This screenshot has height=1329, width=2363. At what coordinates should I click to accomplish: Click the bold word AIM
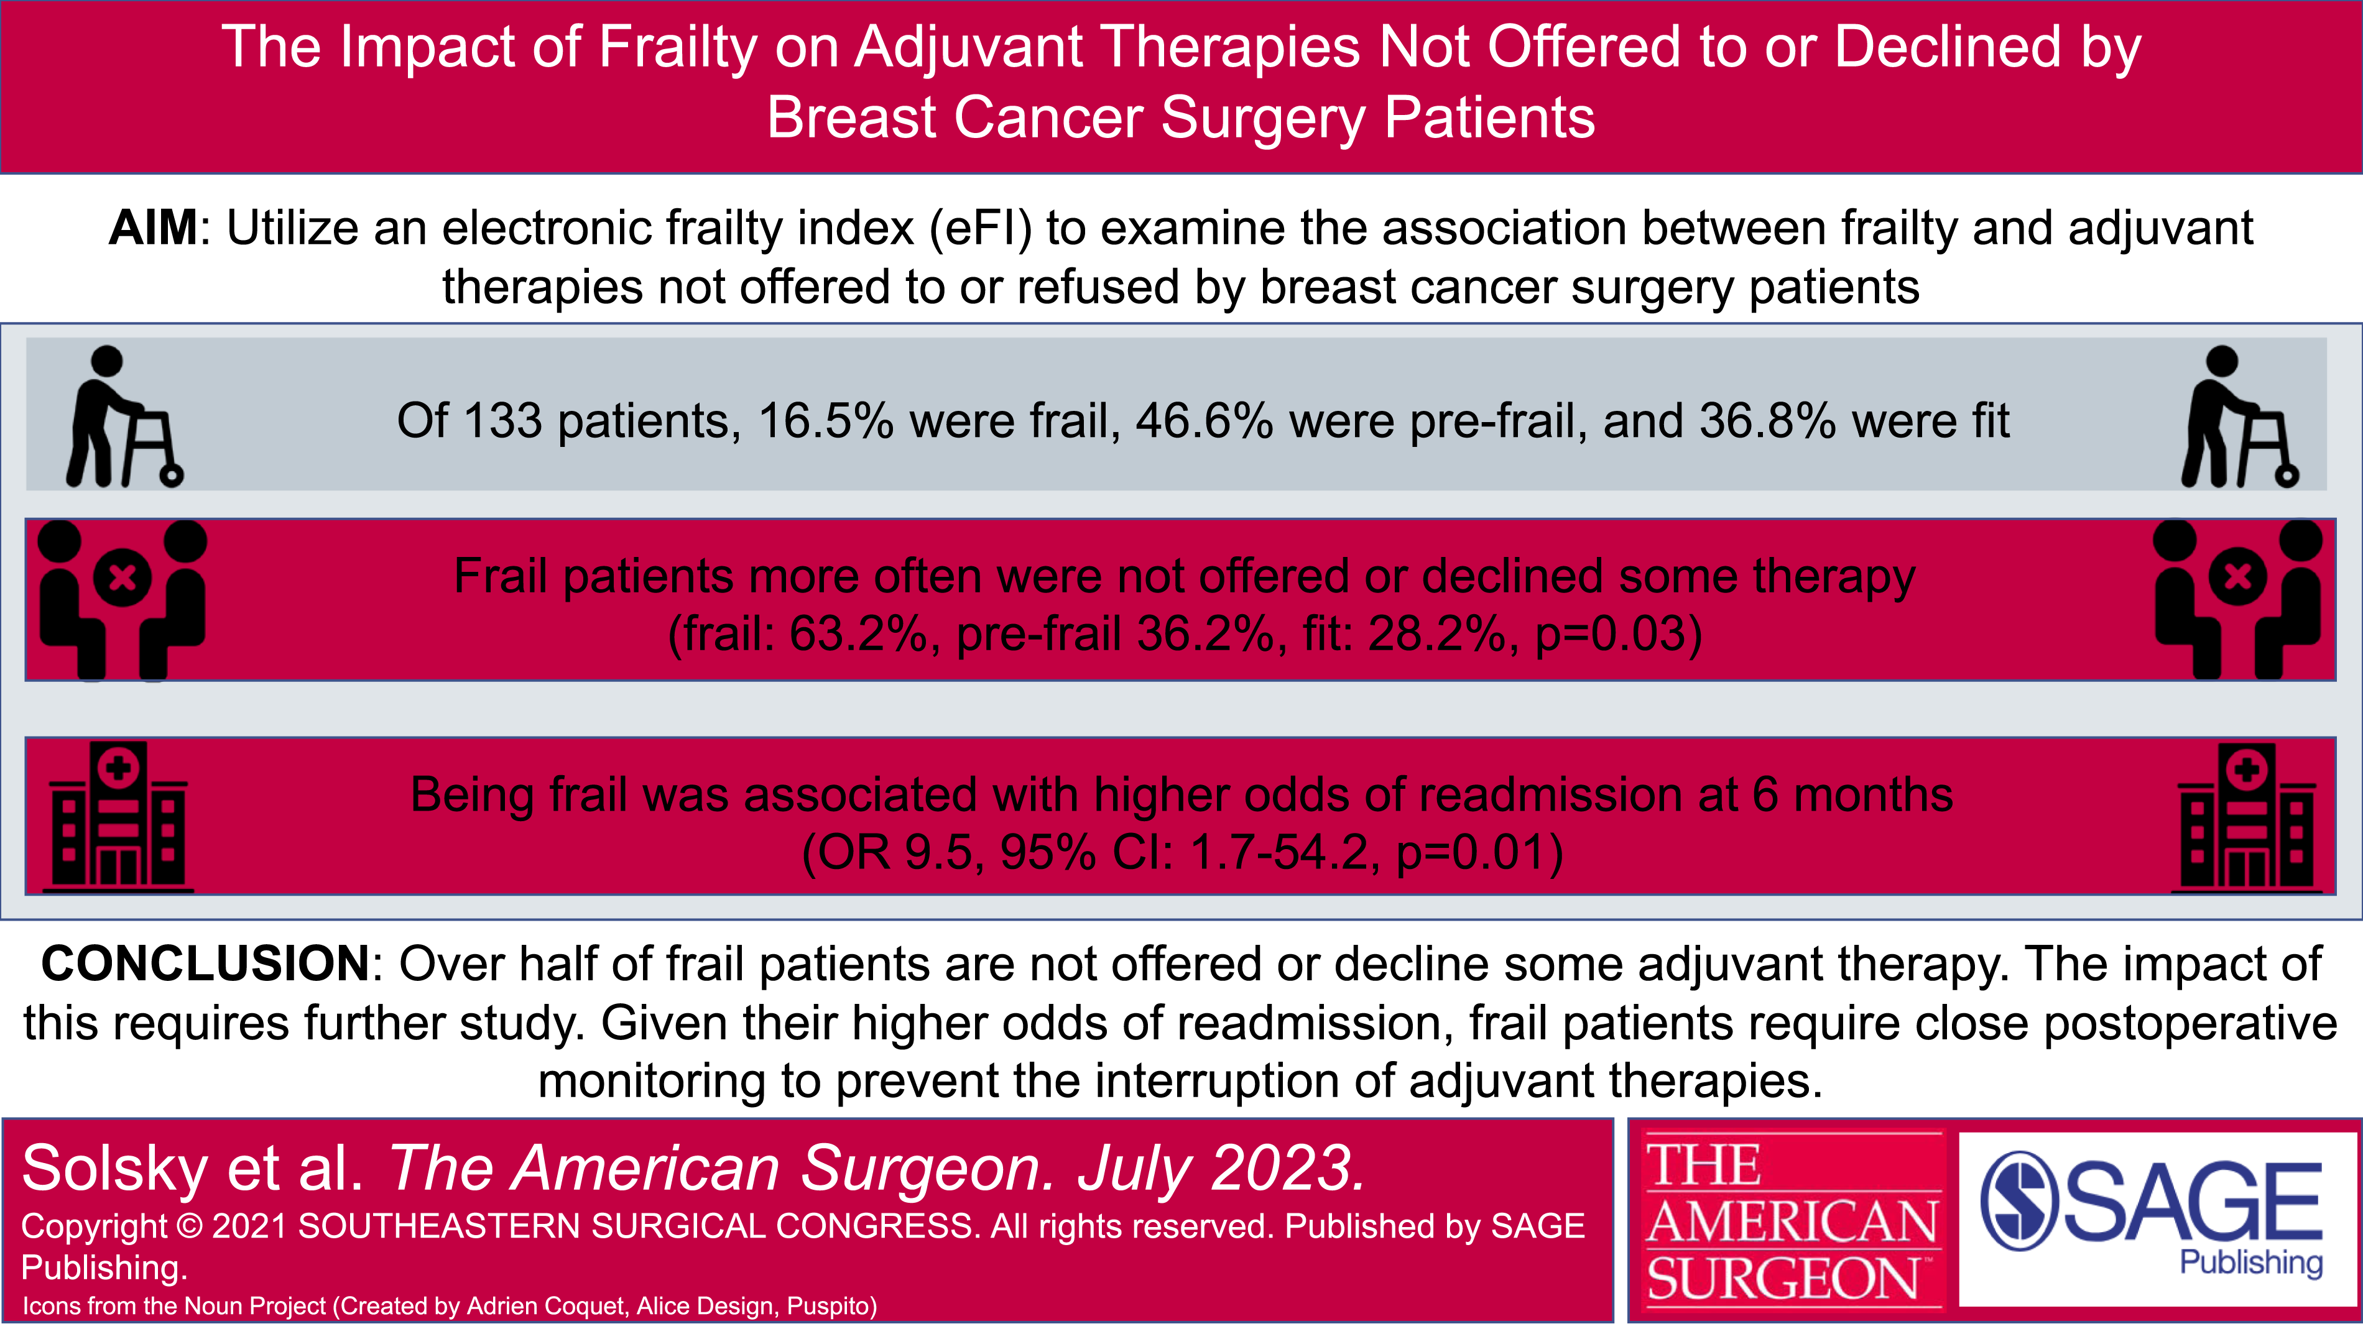click(x=152, y=228)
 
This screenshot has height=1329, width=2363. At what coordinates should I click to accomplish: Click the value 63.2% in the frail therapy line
click(x=858, y=634)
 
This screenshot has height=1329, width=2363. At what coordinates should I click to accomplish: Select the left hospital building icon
click(x=118, y=816)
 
